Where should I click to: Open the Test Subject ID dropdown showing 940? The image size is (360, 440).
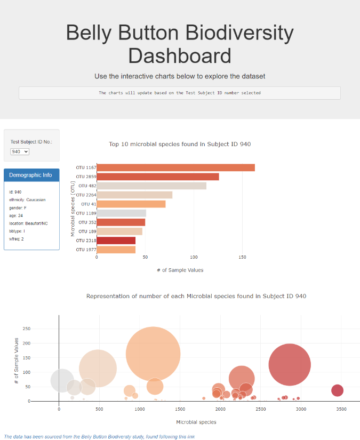[x=20, y=151]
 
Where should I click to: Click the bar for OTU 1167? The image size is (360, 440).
[x=175, y=167]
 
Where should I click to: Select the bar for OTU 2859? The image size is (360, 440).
[x=157, y=177]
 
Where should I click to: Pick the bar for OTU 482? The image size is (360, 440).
[x=151, y=186]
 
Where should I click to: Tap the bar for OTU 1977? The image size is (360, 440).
[x=116, y=250]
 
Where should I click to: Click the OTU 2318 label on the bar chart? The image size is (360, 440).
[x=85, y=241]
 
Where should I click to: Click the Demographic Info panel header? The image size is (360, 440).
[x=31, y=175]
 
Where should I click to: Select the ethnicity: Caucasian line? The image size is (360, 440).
[x=27, y=199]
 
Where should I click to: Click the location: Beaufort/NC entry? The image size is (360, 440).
[x=28, y=223]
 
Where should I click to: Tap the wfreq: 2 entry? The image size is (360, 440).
[x=16, y=239]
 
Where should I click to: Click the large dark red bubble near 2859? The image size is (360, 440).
[x=289, y=365]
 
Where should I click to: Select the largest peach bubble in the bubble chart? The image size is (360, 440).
[x=153, y=354]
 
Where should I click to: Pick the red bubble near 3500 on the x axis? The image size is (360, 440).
[x=337, y=390]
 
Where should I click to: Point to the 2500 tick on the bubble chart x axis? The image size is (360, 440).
[x=261, y=409]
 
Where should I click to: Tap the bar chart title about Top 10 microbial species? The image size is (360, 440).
[x=180, y=144]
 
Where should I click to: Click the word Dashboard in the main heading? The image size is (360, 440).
[x=180, y=56]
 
